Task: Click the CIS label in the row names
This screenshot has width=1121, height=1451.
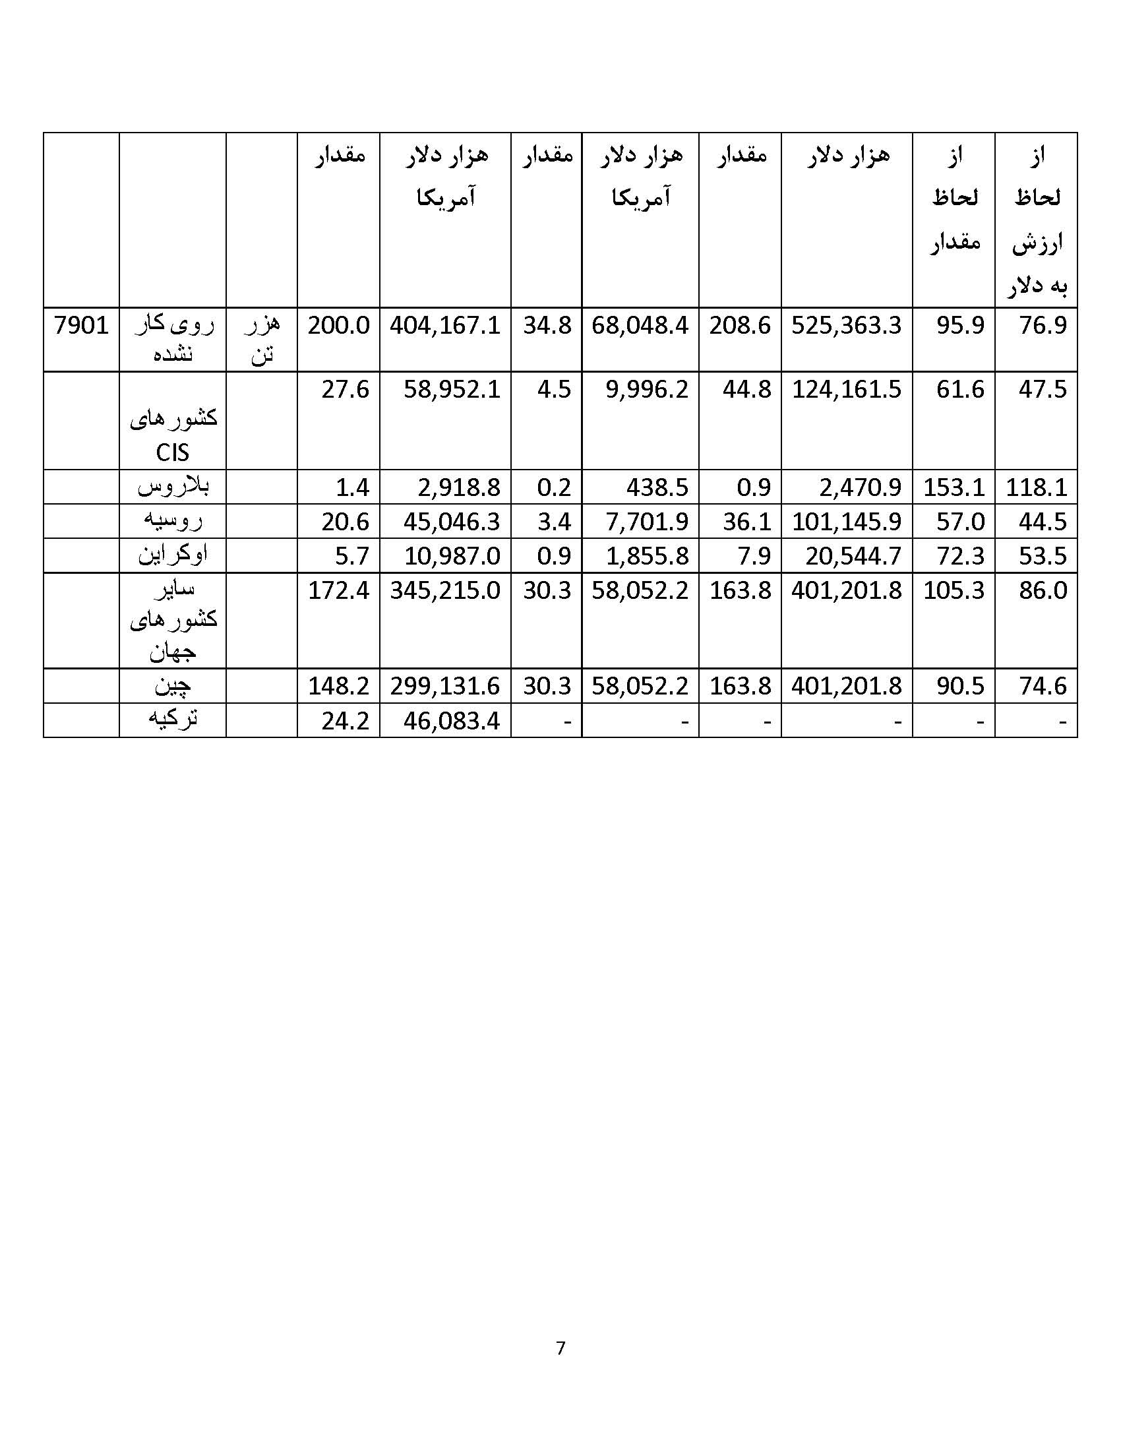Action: pos(172,453)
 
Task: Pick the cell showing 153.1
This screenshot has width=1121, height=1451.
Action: pos(953,487)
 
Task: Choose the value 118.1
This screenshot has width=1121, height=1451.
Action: pos(1035,487)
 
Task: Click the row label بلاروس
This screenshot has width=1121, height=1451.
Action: pos(173,487)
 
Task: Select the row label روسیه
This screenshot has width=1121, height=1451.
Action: pos(173,521)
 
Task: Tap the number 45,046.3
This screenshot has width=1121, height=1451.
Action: pos(452,522)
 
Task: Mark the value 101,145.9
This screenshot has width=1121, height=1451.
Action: pos(846,522)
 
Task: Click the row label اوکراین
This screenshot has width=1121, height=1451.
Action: pos(173,555)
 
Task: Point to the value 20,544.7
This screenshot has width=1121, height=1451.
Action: pos(853,556)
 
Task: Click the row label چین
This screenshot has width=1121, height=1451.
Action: pos(173,686)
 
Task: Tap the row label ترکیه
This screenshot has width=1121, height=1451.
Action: pos(173,720)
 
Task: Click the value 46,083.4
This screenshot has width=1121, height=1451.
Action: pos(452,721)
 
